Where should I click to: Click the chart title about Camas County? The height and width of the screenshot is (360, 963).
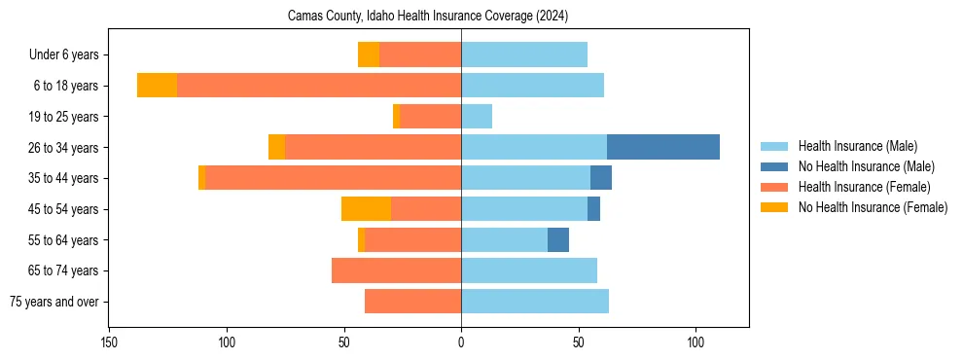428,17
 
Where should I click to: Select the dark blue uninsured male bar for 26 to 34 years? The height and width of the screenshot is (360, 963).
663,147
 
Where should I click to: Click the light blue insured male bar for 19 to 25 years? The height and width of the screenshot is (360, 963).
477,117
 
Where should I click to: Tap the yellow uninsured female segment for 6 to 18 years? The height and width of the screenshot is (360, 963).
157,86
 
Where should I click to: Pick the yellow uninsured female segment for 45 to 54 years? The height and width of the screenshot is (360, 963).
366,209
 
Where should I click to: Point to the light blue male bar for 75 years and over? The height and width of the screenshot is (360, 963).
535,302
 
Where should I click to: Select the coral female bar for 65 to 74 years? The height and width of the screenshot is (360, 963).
396,270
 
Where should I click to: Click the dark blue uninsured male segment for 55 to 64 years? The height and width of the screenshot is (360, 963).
558,240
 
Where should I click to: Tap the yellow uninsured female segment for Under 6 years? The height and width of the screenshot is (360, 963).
369,54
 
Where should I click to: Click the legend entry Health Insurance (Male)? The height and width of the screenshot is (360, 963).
857,146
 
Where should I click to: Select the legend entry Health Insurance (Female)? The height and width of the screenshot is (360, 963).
864,187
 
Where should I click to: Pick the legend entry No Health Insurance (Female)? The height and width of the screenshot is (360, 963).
873,207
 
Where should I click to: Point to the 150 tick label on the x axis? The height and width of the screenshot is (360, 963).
109,342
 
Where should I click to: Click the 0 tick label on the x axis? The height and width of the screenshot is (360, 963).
461,342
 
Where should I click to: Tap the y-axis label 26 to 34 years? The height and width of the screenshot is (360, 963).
64,147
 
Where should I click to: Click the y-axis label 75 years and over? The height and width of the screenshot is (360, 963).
53,302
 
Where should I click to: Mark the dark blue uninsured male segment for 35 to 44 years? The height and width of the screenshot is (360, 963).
601,178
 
